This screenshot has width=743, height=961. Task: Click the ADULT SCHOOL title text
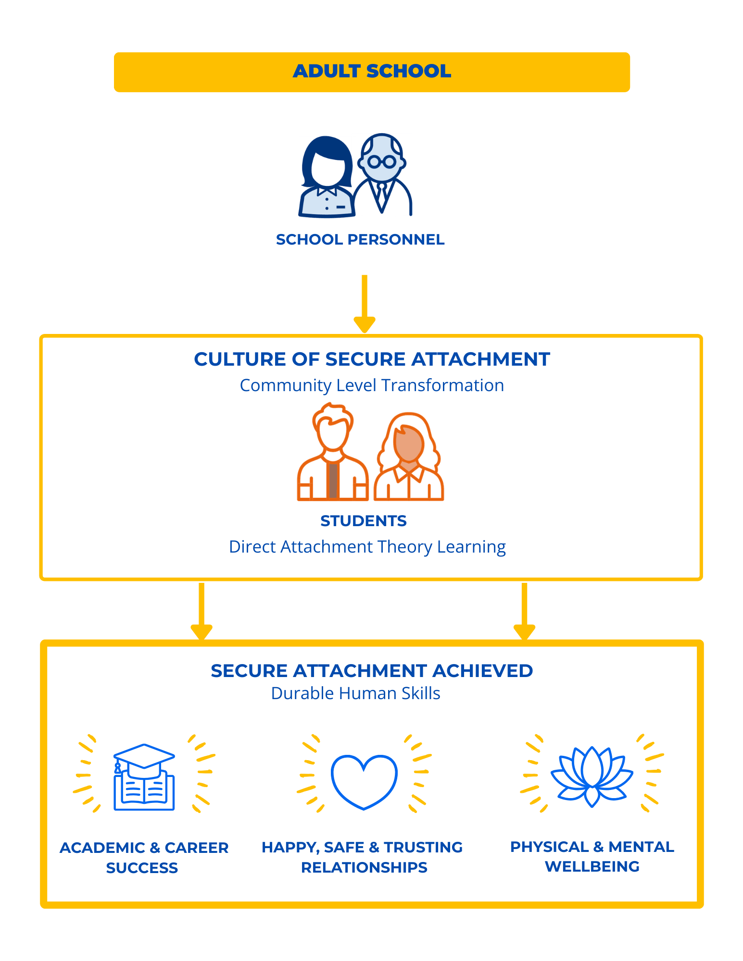[372, 71]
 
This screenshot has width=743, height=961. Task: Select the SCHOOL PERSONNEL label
[360, 239]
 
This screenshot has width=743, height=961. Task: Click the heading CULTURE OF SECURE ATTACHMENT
[372, 359]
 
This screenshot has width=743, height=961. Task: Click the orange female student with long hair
[409, 456]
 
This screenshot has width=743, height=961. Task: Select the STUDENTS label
[364, 521]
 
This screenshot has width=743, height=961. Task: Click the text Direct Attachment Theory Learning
[367, 547]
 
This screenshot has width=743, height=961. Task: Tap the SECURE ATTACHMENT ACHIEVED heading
[372, 671]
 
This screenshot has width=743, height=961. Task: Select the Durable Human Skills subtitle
[356, 693]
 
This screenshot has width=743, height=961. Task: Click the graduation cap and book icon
[144, 777]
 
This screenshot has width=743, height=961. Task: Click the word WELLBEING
[592, 866]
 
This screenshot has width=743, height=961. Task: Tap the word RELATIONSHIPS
[364, 867]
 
